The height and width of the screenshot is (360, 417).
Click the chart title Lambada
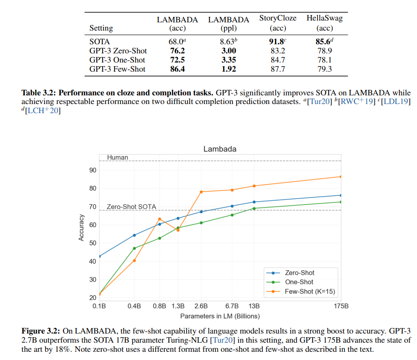tap(220, 149)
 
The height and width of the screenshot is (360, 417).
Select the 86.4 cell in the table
tap(177, 69)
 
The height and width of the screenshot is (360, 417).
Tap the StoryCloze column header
tap(277, 22)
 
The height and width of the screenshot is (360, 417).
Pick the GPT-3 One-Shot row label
tap(117, 60)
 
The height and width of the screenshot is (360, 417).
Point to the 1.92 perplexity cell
tap(229, 69)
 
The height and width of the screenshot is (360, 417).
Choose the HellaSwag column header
tap(324, 22)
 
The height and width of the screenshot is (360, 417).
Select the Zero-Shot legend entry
tap(299, 273)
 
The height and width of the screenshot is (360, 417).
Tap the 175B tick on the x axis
tap(341, 306)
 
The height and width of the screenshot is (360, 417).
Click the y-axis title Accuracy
tap(81, 227)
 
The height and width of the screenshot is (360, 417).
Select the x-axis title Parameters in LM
tap(220, 316)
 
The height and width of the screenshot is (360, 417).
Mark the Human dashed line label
tap(117, 157)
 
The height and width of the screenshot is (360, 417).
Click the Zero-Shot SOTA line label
tap(131, 207)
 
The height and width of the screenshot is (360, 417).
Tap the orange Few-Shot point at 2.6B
tap(201, 192)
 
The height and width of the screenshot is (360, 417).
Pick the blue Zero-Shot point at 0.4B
tap(134, 235)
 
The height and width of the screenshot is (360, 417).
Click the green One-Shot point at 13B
tap(254, 209)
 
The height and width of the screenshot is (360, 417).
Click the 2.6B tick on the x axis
tap(201, 306)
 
